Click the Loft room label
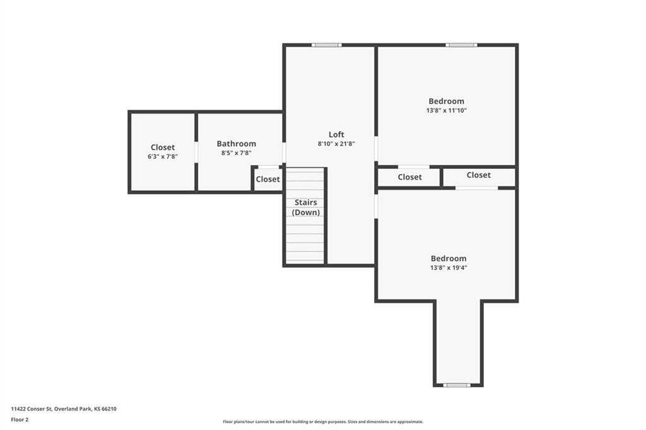(336, 134)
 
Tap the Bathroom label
(236, 143)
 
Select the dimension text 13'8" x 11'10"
(446, 110)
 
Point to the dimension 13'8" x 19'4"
(449, 268)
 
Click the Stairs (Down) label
(306, 207)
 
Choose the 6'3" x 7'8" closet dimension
(162, 156)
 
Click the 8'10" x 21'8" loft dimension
(336, 144)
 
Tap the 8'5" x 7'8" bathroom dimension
(236, 153)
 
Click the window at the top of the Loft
(326, 45)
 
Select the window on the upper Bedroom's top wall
(461, 45)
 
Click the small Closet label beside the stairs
(267, 179)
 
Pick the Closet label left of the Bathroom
(162, 147)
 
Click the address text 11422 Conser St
(32, 409)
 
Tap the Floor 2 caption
(20, 420)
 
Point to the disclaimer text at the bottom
(323, 422)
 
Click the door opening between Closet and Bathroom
(196, 153)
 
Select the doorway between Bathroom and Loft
(284, 153)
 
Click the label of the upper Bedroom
(446, 101)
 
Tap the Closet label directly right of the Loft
(409, 177)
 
